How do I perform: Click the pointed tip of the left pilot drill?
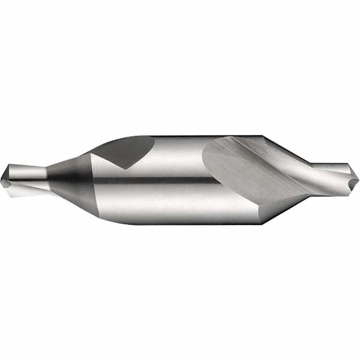tap(2, 176)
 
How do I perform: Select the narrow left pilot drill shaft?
tap(24, 175)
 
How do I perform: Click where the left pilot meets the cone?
tap(46, 175)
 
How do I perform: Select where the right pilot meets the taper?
tap(312, 172)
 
